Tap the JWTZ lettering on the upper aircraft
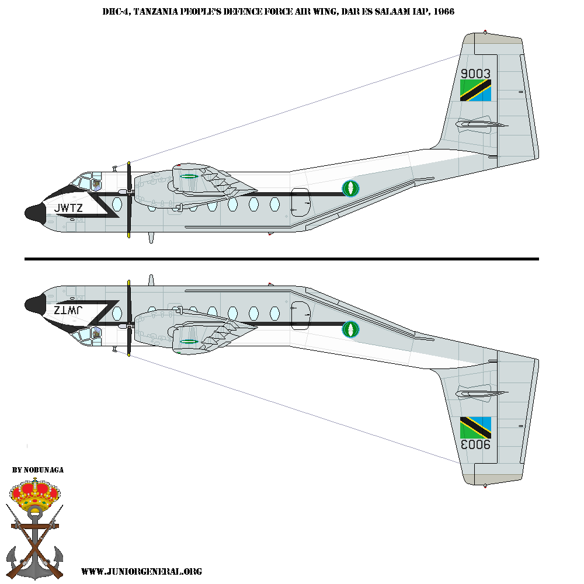pos(68,208)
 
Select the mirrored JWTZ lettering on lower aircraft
pos(68,310)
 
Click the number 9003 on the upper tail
pos(475,74)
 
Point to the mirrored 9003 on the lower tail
pos(475,444)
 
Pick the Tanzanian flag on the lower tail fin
pos(475,427)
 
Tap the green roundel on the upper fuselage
pos(350,188)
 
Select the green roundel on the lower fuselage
pos(350,329)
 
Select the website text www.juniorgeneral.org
pos(141,571)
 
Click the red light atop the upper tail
pos(485,31)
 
